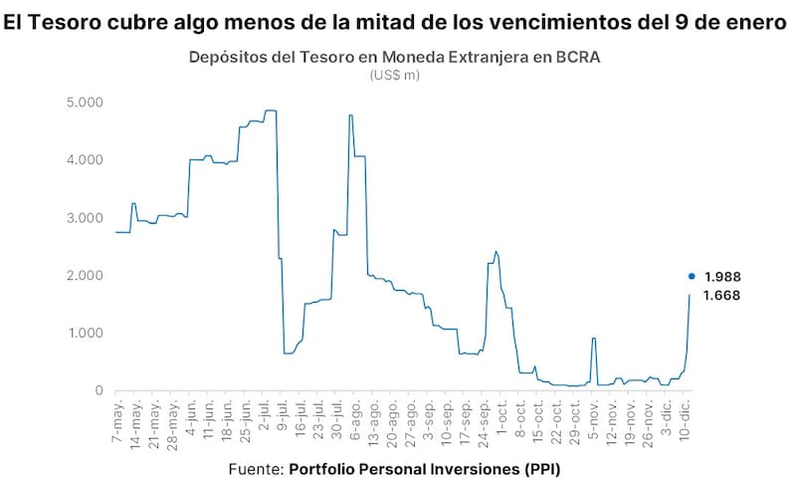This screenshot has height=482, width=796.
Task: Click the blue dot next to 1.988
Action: pos(692,277)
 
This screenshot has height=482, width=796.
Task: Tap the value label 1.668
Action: pos(722,296)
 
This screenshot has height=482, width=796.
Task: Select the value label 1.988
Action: pos(722,277)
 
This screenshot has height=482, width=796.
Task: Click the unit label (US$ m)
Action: pos(394,75)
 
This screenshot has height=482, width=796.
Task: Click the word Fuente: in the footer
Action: pos(256,467)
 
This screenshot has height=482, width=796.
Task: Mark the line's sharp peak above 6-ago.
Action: pos(350,116)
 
